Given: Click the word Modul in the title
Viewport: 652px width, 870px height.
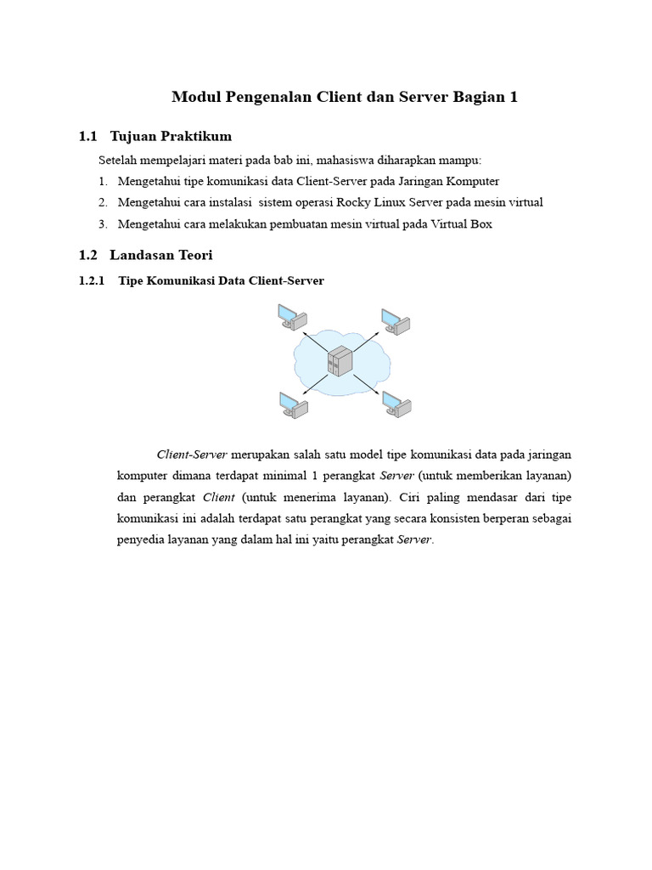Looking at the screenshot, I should [x=196, y=97].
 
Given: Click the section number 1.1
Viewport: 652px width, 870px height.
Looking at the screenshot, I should [x=88, y=136].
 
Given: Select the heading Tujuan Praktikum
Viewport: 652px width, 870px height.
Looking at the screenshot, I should [x=171, y=136].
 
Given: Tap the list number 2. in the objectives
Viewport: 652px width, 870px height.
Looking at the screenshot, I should [x=102, y=202].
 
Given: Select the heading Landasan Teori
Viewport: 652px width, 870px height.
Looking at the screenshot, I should [x=161, y=255].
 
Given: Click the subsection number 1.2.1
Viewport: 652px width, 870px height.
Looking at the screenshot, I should [x=91, y=280].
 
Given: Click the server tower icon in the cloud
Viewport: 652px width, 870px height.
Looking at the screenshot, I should [x=340, y=361].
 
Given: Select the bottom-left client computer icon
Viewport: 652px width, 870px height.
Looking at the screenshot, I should [x=294, y=404].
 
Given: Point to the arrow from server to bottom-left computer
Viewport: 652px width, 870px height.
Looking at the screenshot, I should [x=314, y=384].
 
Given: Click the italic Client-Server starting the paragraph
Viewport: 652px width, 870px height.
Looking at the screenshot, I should [x=192, y=455].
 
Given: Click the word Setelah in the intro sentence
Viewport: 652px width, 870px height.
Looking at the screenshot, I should [x=118, y=160].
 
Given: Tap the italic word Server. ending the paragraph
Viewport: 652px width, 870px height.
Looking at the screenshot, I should [x=415, y=540].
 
